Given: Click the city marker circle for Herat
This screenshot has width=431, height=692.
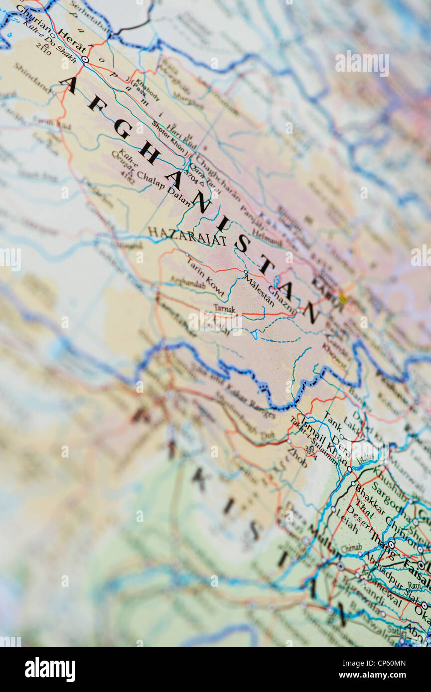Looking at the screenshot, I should click(85, 59).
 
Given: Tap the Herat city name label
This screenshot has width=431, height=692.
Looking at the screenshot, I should click(71, 42).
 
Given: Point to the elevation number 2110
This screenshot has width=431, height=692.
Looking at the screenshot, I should click(43, 48).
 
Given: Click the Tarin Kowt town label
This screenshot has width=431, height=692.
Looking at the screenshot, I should click(205, 278).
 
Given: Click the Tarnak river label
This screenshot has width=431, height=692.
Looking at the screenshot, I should click(224, 309).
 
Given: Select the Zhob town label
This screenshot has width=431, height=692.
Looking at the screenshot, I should click(297, 457).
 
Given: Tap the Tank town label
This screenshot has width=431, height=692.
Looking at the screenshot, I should click(332, 422).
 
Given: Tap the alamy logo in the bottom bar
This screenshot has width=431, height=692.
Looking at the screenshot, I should click(50, 670).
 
